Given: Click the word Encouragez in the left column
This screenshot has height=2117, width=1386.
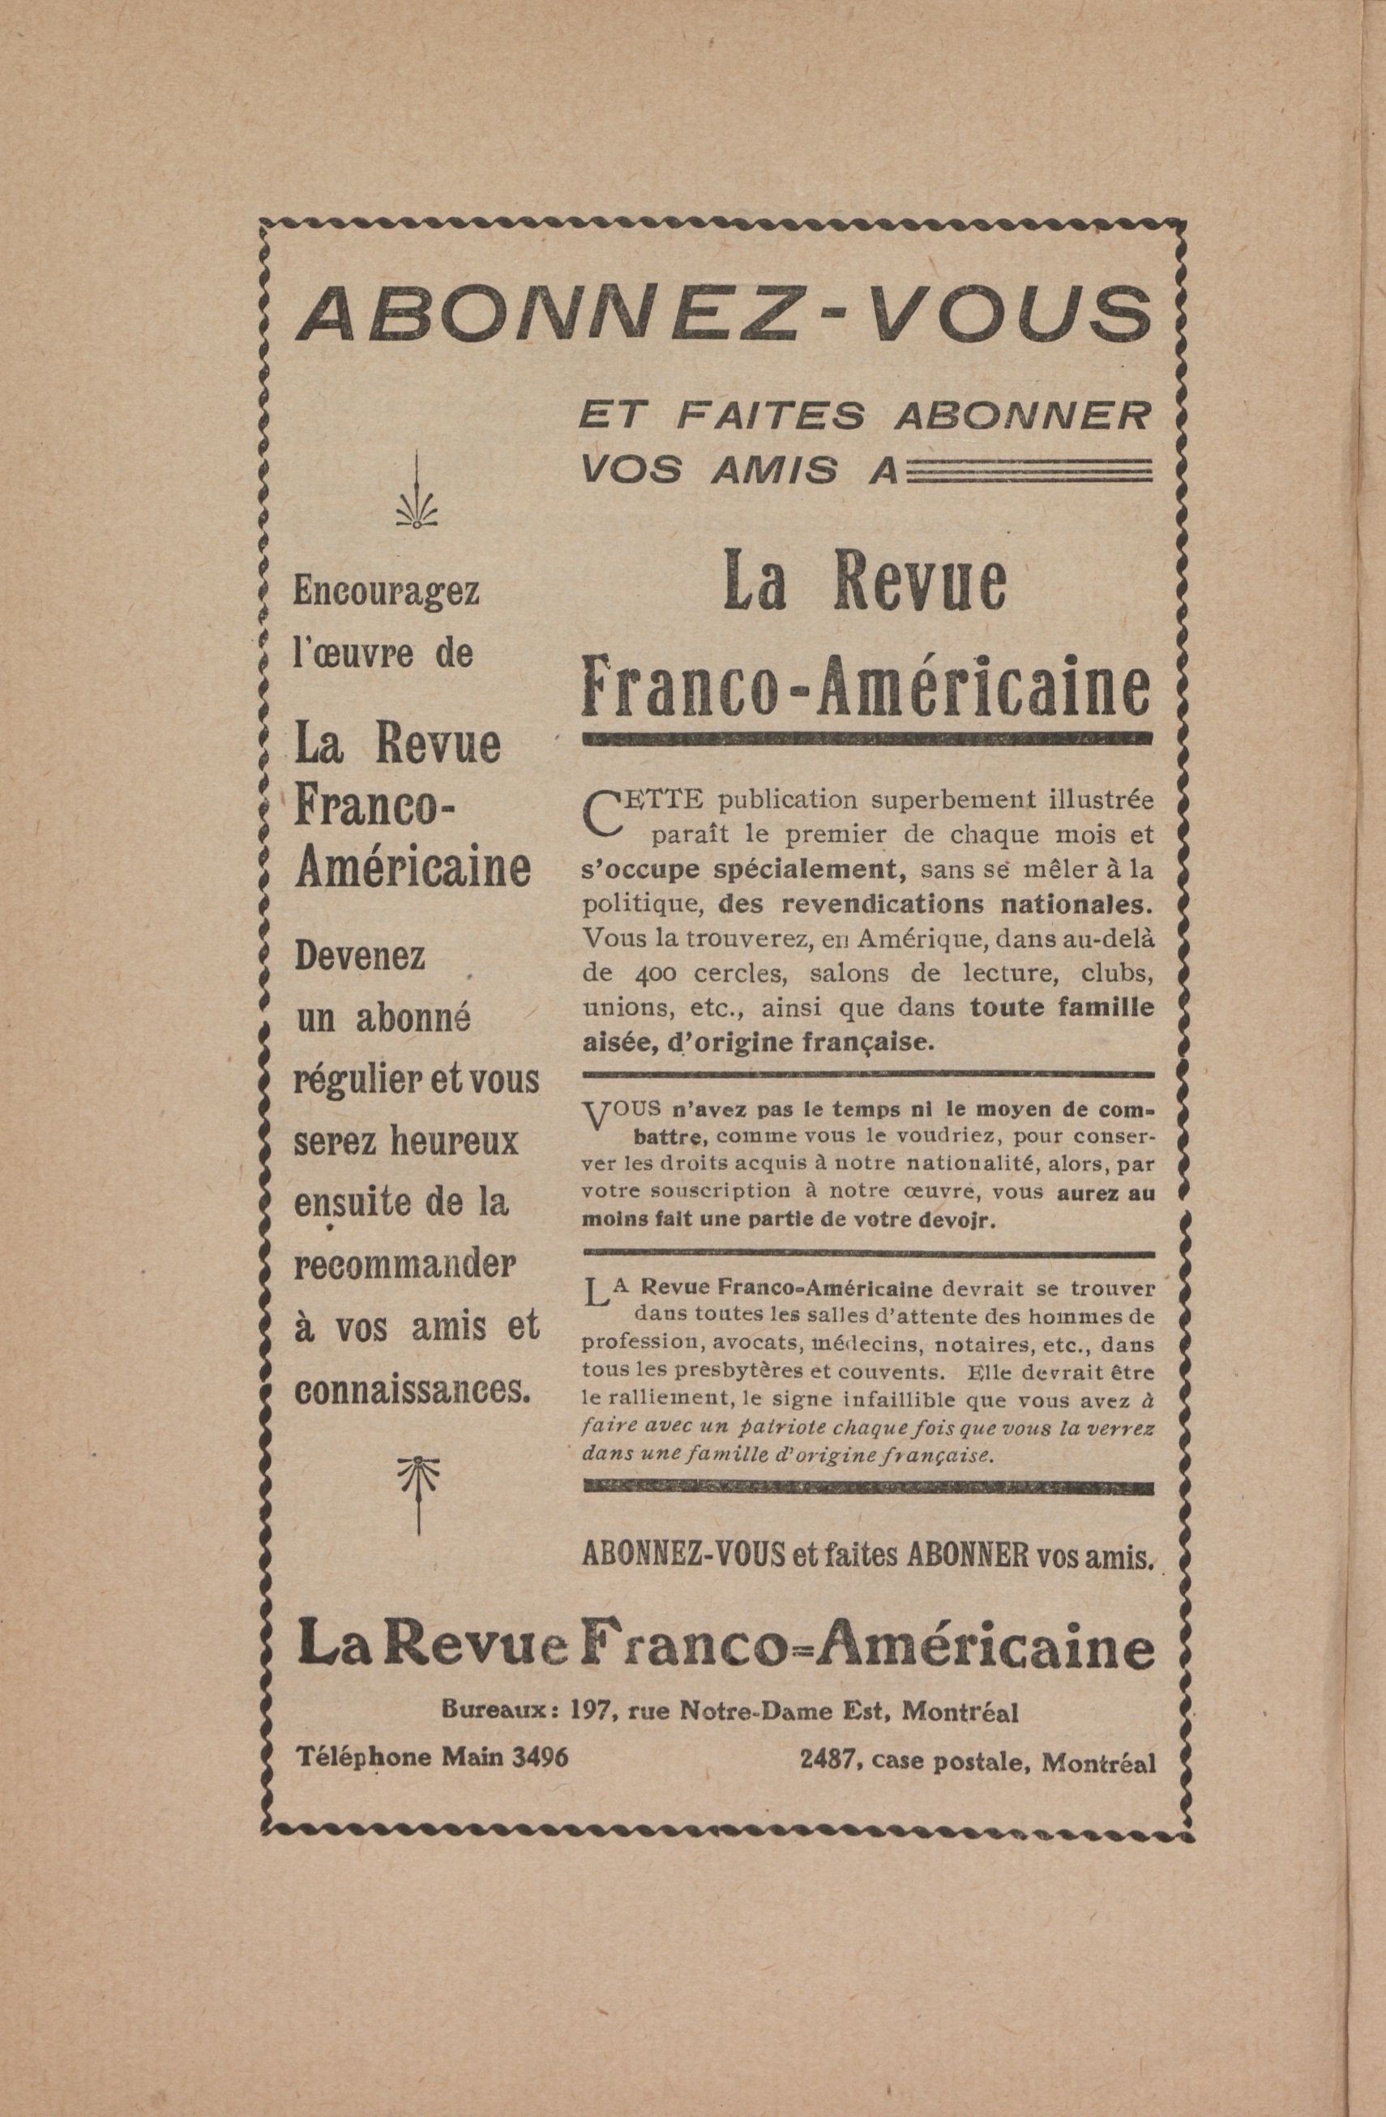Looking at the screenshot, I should [386, 591].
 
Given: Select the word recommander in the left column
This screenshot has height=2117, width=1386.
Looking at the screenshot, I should [404, 1265].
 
